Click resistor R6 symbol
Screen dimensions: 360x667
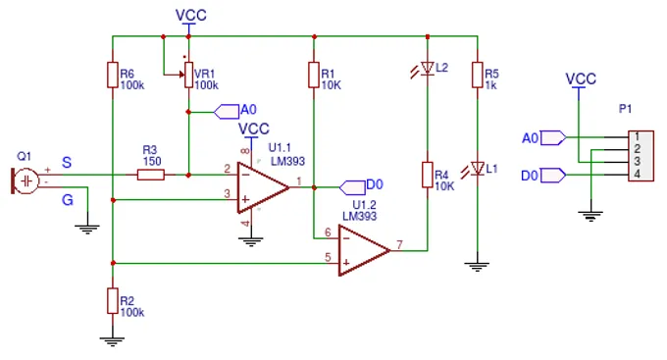[x=114, y=75]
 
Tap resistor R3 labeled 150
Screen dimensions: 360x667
[x=151, y=175]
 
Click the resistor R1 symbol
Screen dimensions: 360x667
[x=313, y=75]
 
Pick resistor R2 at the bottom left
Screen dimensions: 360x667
[x=114, y=300]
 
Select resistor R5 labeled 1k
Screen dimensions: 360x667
[x=477, y=75]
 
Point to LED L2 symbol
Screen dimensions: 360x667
[x=427, y=69]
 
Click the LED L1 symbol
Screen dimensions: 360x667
[x=477, y=169]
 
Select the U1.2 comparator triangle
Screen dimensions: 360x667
[x=363, y=250]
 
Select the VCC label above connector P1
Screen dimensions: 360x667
[x=581, y=78]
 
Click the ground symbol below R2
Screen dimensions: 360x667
[x=114, y=339]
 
